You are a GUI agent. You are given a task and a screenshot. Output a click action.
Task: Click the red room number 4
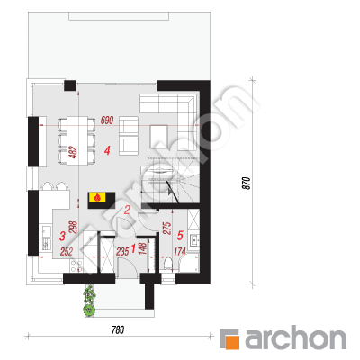coord(107,150)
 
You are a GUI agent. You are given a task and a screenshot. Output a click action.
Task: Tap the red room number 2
coord(127,210)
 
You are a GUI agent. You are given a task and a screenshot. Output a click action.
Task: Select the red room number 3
coord(62,236)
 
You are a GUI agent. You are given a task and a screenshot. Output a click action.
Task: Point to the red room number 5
coord(180,236)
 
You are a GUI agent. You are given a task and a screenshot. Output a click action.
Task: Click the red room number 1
coord(134,247)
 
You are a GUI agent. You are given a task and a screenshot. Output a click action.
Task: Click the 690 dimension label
coord(107,121)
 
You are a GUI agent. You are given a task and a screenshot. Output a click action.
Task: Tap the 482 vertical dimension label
coord(74,152)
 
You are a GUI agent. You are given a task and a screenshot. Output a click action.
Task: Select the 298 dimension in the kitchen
coord(74,228)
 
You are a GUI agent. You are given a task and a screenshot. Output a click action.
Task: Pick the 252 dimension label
coord(67,251)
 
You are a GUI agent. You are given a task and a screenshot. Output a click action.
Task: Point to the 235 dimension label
coord(122,251)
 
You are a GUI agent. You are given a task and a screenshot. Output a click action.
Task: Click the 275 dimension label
coord(167,228)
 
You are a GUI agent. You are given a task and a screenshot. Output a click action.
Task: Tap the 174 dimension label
coord(180,251)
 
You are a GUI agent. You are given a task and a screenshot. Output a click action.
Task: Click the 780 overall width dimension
coord(118,330)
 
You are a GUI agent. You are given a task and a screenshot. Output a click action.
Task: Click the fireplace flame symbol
coord(97,197)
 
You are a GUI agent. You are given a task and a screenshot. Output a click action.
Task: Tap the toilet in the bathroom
coord(168,265)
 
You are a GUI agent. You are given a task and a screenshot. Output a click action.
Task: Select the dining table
coord(77,140)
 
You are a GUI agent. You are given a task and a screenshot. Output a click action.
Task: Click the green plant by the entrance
coord(89,300)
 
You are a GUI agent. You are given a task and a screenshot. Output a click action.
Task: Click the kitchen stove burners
coord(76,266)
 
